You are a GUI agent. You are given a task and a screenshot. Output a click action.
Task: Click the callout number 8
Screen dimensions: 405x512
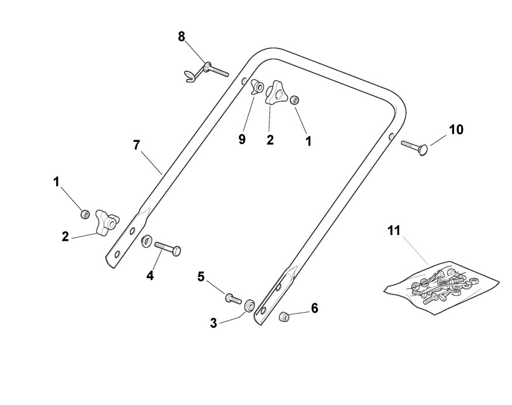tap(181, 36)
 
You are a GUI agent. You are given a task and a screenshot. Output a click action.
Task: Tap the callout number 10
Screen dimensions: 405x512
tap(455, 129)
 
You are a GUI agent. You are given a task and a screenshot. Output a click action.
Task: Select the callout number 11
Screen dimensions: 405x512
tap(394, 230)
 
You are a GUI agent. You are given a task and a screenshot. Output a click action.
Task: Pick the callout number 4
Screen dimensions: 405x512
tap(150, 275)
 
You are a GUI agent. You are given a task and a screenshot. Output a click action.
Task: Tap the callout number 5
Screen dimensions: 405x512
tap(200, 276)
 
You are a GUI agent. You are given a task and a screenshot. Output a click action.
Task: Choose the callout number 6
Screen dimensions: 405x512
tap(314, 307)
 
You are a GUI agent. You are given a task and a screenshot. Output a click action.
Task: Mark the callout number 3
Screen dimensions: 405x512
tap(213, 322)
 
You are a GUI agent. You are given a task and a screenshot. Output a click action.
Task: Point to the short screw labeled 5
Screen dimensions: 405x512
tap(233, 299)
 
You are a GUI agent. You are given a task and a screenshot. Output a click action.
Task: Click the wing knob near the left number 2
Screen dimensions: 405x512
tap(106, 222)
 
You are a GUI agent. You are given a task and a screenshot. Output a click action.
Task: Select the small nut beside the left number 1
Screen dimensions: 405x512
tap(85, 214)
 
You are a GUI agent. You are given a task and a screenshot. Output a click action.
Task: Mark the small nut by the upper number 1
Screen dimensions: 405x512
tap(296, 99)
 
